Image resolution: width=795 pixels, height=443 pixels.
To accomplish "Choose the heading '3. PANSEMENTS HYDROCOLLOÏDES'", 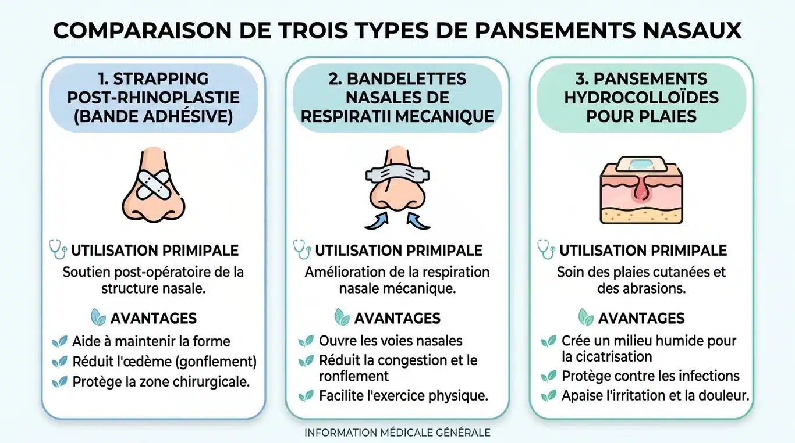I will click(641, 98).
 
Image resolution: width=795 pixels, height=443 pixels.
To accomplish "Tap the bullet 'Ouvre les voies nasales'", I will click(391, 341).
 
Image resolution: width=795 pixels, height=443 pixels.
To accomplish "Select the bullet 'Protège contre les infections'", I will click(650, 376).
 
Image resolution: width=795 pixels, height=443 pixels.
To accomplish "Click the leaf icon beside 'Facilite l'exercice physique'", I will click(306, 396).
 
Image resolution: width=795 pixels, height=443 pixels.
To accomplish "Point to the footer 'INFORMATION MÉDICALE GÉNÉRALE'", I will click(397, 433).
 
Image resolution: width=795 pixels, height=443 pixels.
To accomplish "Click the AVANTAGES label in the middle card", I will click(397, 318).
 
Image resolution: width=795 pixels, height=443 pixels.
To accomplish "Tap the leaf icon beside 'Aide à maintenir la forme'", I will click(59, 342).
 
